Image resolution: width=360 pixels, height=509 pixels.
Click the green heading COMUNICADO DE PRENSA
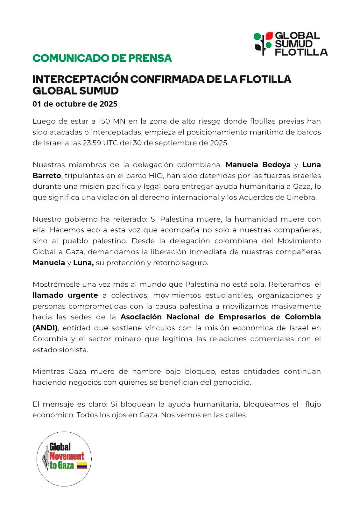[102, 58]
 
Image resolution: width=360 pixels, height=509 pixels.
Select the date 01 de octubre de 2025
[75, 104]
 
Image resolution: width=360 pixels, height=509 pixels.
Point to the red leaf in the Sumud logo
[269, 36]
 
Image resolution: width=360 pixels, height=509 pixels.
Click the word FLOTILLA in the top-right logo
[301, 52]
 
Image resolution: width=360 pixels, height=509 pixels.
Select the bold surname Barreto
[47, 176]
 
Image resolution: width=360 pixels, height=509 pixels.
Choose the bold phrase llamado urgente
[65, 295]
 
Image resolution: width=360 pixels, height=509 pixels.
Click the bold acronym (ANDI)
[45, 328]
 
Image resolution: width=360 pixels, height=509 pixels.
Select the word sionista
[73, 350]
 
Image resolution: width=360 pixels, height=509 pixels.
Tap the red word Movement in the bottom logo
[67, 456]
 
